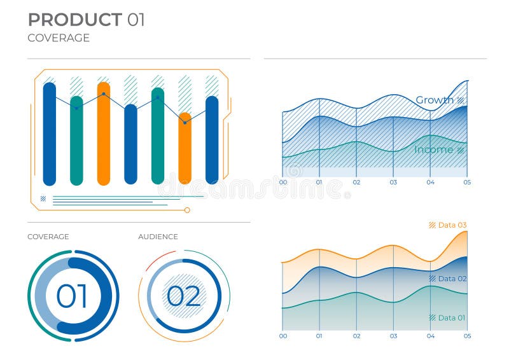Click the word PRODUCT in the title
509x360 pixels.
(75, 20)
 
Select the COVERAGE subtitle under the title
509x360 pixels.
(59, 38)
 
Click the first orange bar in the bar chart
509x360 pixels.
(104, 134)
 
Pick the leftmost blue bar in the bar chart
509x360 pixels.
(50, 134)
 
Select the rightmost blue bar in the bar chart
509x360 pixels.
(212, 140)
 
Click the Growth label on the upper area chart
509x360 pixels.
(435, 100)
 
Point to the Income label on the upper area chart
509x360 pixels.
(433, 149)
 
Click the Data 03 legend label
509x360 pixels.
(452, 225)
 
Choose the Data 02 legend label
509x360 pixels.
(452, 279)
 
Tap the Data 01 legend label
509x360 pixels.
(452, 317)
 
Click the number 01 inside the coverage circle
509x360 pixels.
(72, 296)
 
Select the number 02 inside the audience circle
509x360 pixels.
(183, 296)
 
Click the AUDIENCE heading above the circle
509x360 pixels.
(158, 237)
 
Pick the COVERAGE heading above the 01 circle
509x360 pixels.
(48, 237)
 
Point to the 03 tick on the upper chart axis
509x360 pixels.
(393, 183)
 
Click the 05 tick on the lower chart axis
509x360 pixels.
(467, 336)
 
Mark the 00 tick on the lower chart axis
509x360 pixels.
(283, 336)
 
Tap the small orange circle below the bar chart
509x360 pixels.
(187, 210)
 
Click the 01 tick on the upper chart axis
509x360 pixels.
(319, 183)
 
